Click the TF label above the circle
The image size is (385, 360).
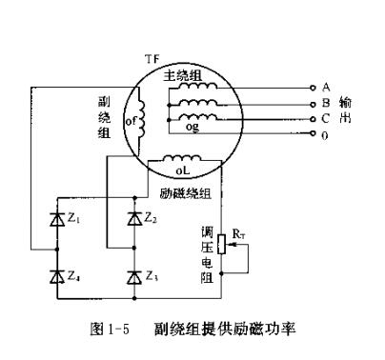coord(151,59)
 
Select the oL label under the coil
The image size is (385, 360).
coord(183,170)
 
